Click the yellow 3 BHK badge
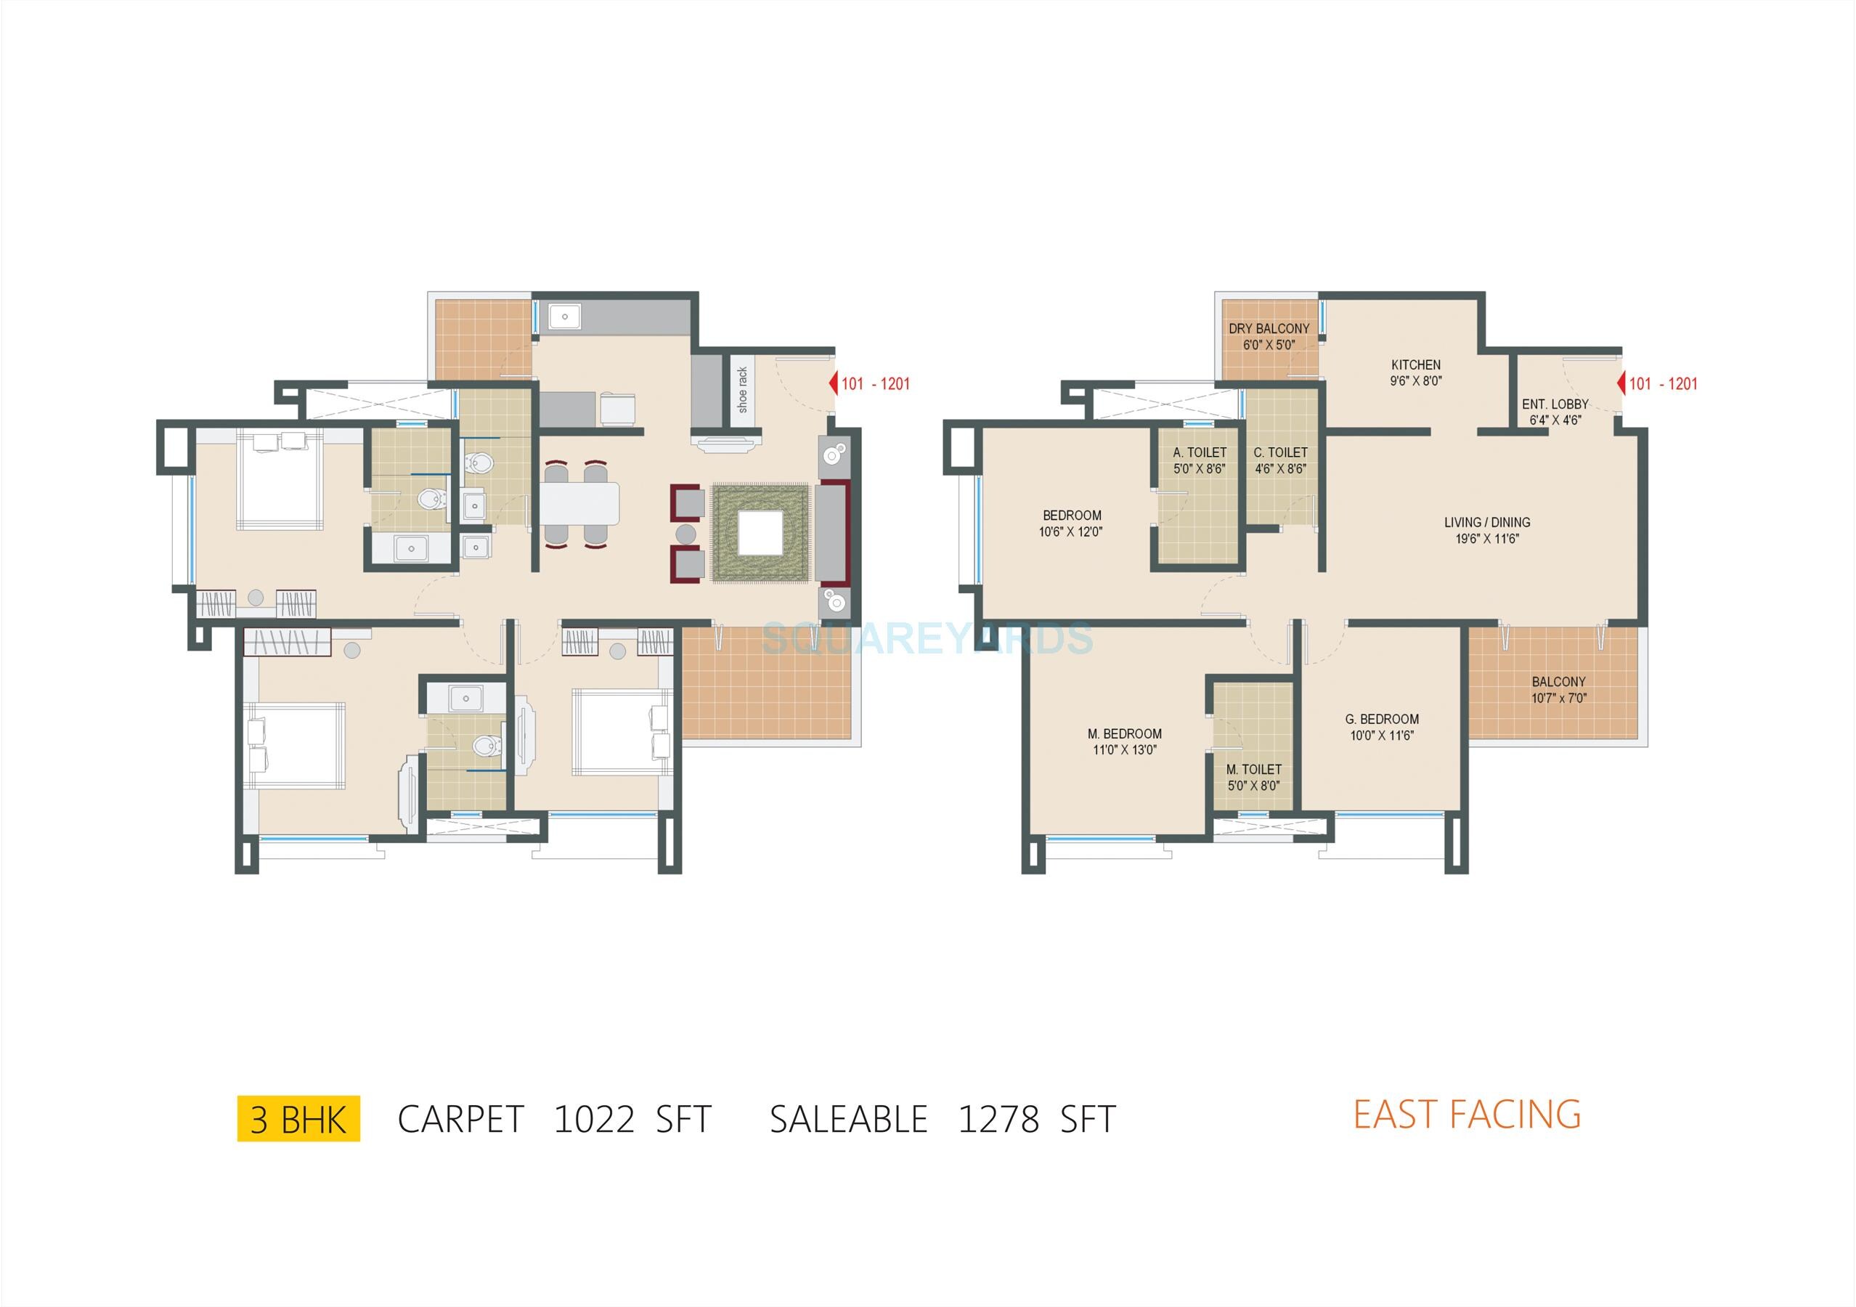(x=298, y=1119)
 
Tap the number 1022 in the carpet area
(x=594, y=1120)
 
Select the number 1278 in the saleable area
(x=998, y=1120)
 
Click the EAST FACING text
(x=1468, y=1114)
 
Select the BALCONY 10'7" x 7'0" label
(x=1558, y=690)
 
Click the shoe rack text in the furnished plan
(x=743, y=390)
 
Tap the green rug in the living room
(x=760, y=534)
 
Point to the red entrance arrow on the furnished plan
(x=834, y=384)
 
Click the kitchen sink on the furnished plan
(x=565, y=316)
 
